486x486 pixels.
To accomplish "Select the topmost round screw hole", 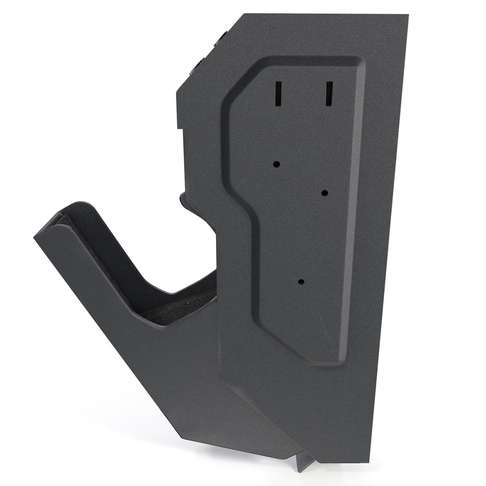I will (x=277, y=164).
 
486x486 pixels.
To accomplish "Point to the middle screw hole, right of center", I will (x=325, y=193).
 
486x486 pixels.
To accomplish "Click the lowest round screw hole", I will (x=301, y=282).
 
